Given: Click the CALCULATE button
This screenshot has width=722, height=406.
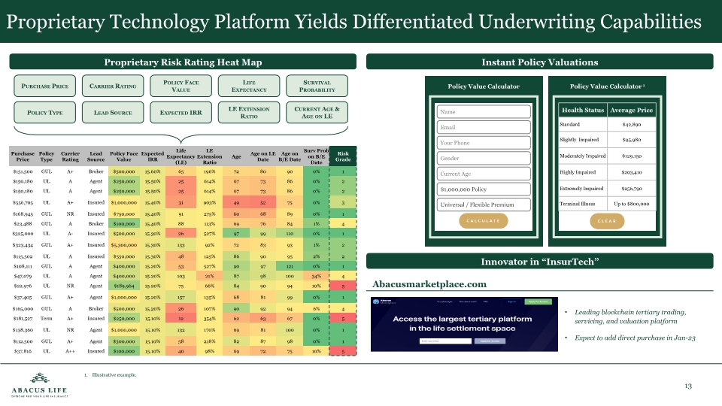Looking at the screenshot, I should coord(484,220).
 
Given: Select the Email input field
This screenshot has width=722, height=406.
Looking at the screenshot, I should coord(484,127).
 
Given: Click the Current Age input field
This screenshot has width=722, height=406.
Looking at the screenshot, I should coord(484,174).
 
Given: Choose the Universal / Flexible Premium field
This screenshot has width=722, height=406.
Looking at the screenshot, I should coord(484,205).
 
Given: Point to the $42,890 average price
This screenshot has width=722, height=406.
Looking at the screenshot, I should coord(631,123).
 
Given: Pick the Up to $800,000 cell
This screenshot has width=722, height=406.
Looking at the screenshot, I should coord(631,204).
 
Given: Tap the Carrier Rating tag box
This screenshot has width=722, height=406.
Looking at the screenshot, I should coord(113,86).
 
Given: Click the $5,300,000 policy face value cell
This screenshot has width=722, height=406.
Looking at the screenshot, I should coord(123,244).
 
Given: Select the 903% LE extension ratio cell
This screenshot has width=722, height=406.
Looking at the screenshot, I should coord(211,202).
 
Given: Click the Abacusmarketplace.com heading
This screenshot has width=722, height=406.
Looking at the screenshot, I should coord(429,283).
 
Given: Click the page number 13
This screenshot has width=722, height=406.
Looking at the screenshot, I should coord(687,386).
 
